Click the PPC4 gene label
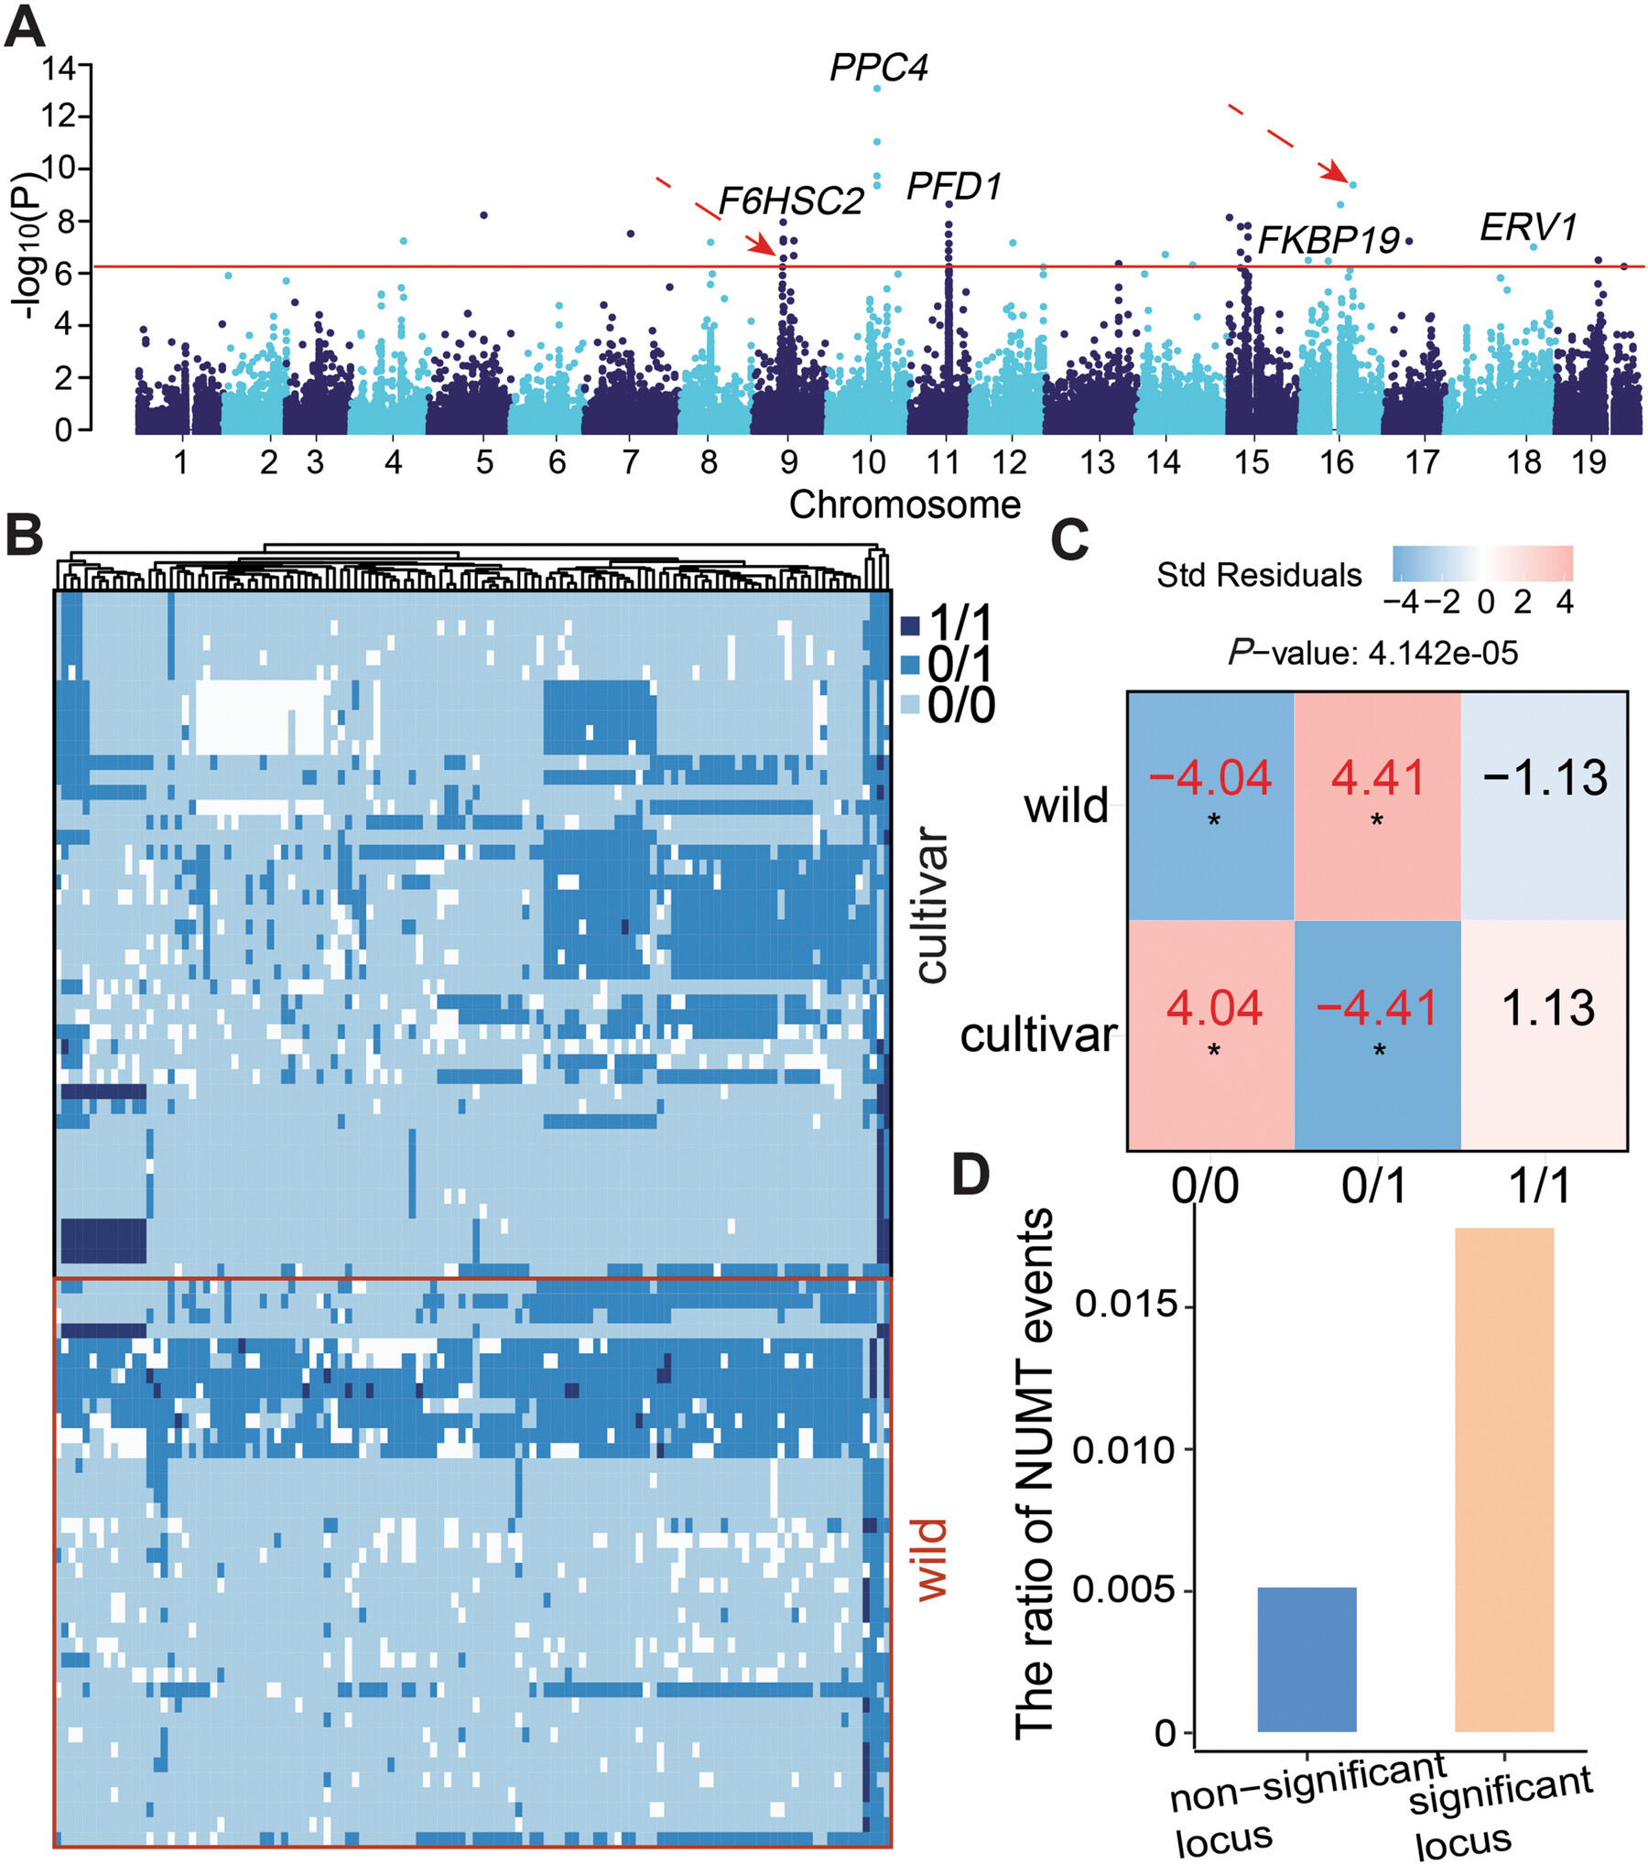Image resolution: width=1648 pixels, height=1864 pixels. click(878, 68)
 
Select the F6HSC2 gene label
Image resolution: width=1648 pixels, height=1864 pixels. click(791, 201)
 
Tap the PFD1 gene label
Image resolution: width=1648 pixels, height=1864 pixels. click(954, 187)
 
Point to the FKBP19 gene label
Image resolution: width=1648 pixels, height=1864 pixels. click(1328, 241)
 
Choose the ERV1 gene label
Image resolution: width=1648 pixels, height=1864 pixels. click(1528, 228)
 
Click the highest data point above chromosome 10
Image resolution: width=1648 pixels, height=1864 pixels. click(877, 89)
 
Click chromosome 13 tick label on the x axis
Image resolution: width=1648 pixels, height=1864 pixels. click(1097, 462)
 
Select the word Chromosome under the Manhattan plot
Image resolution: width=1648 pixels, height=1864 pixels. click(905, 505)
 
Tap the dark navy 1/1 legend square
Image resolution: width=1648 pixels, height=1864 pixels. click(910, 626)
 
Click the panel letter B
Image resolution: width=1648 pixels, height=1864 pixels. click(25, 535)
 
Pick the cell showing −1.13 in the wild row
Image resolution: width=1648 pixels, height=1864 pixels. click(1545, 778)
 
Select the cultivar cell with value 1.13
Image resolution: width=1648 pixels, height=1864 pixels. click(1547, 1008)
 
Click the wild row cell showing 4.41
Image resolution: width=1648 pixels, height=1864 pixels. click(1377, 778)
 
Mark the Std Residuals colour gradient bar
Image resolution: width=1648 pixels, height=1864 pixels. click(1482, 564)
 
